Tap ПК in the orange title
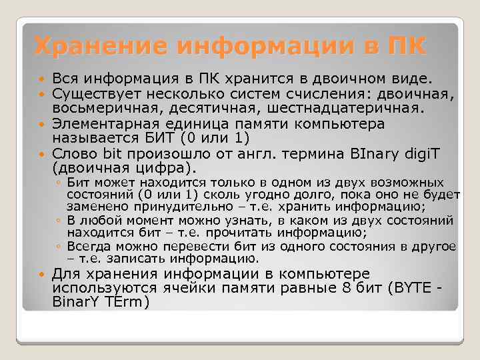point(403,46)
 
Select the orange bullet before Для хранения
point(43,275)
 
